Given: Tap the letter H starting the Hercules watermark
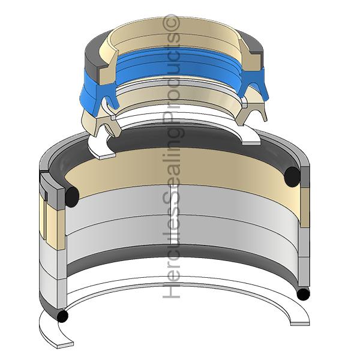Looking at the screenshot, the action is click(171, 291).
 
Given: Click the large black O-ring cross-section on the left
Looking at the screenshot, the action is click(72, 197).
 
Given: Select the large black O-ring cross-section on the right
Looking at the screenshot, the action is click(292, 177).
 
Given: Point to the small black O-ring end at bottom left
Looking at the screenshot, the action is click(62, 316).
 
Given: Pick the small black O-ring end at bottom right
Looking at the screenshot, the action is click(303, 295).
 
